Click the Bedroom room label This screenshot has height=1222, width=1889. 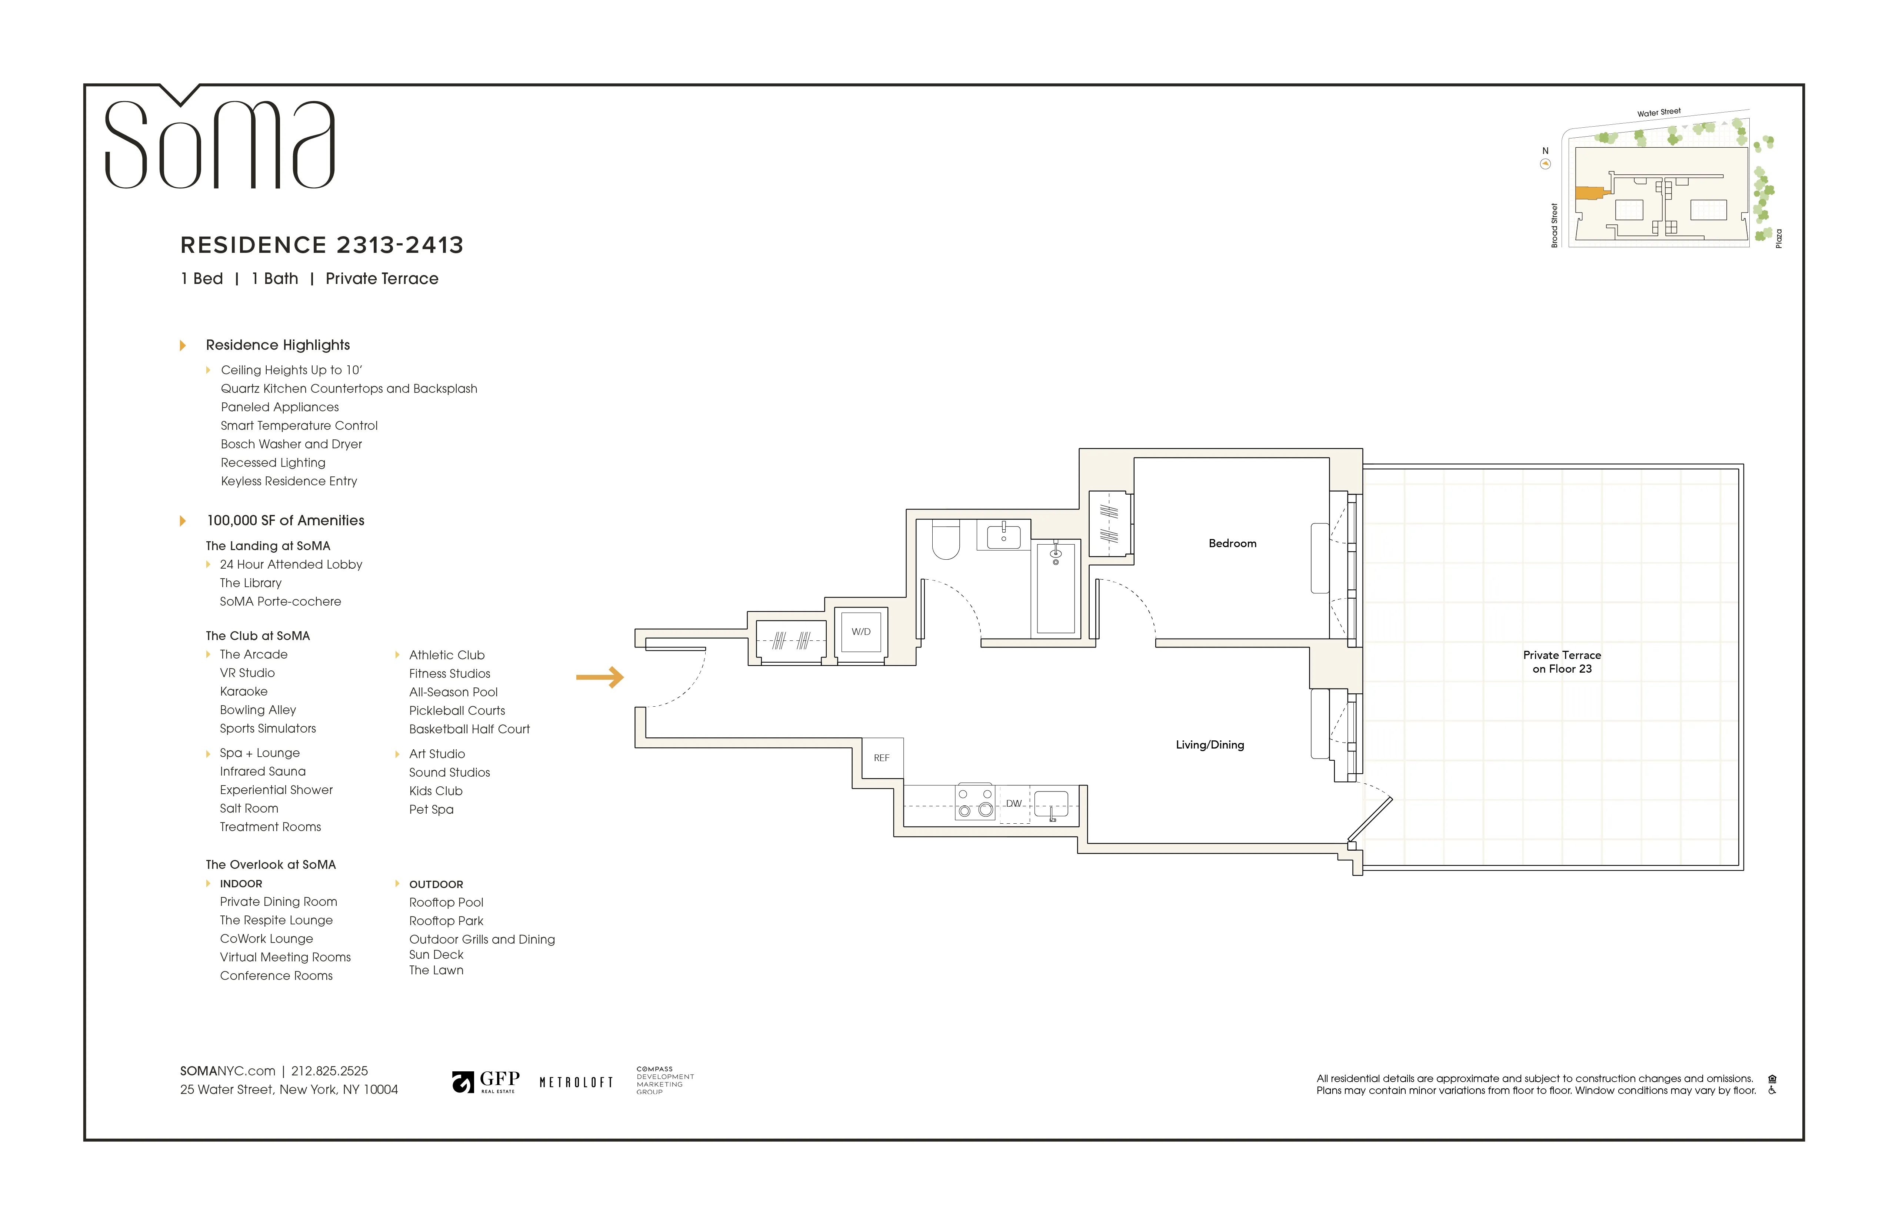pos(1232,543)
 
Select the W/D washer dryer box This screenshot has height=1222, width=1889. pos(861,632)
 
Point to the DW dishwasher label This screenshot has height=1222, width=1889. pos(1013,804)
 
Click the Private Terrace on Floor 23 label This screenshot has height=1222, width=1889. pos(1561,662)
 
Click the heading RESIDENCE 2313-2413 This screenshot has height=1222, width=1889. pos(322,245)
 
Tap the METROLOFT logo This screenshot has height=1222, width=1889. pos(576,1082)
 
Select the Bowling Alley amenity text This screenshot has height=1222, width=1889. pos(258,710)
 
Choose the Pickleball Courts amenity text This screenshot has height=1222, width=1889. pos(457,711)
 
